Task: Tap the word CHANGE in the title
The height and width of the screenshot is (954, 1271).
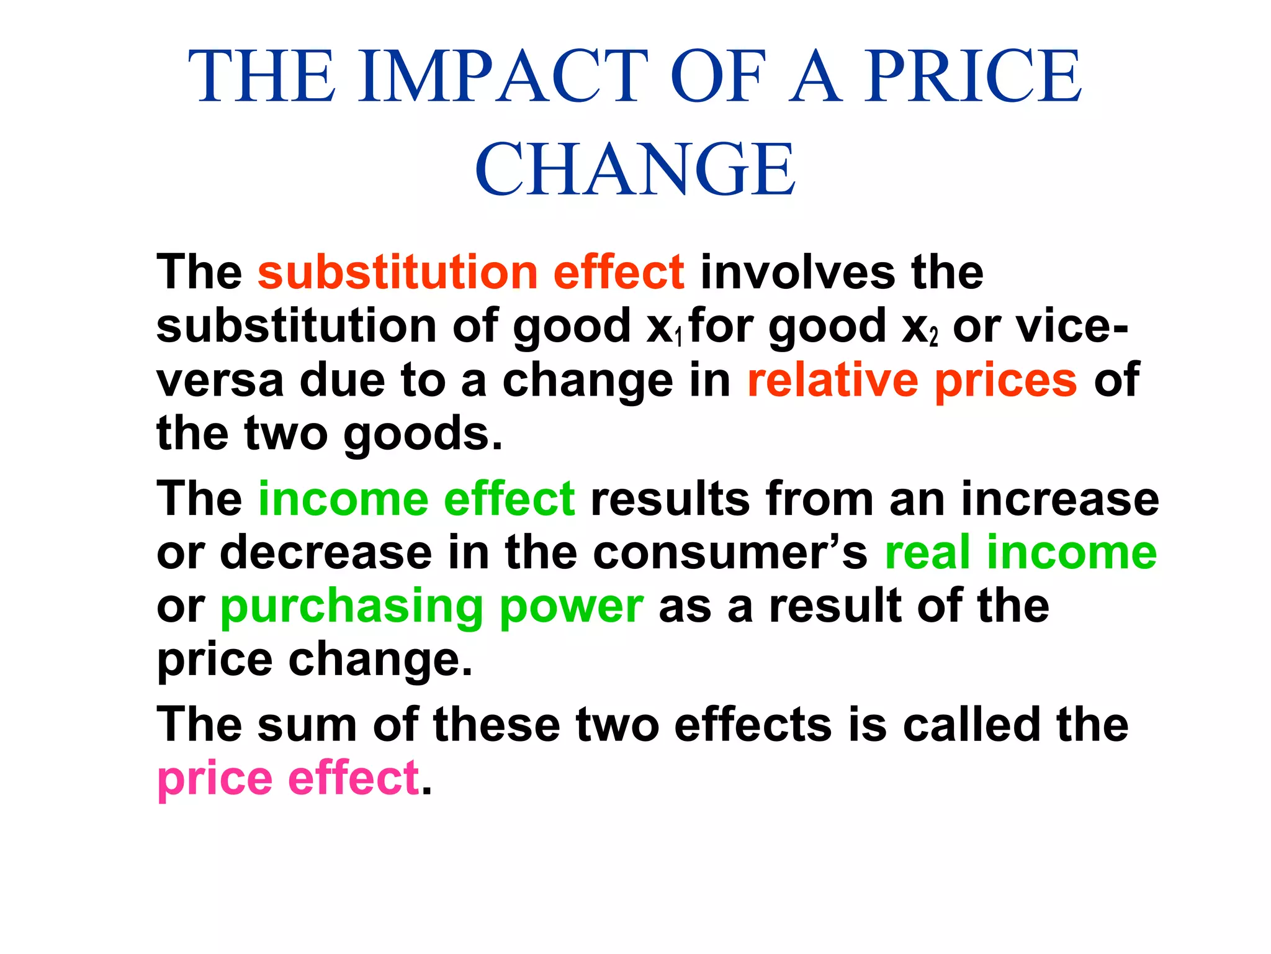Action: (635, 169)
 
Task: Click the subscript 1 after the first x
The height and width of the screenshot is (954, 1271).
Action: (678, 338)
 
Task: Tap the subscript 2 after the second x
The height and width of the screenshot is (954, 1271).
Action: (933, 338)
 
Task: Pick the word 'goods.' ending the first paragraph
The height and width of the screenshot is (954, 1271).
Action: (423, 434)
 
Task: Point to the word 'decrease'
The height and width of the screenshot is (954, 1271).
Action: (326, 552)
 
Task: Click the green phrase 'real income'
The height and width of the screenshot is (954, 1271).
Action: (1020, 552)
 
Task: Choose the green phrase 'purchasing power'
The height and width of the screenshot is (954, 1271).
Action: (432, 607)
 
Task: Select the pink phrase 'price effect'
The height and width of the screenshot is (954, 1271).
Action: (289, 778)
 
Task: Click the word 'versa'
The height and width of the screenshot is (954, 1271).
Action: (220, 381)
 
